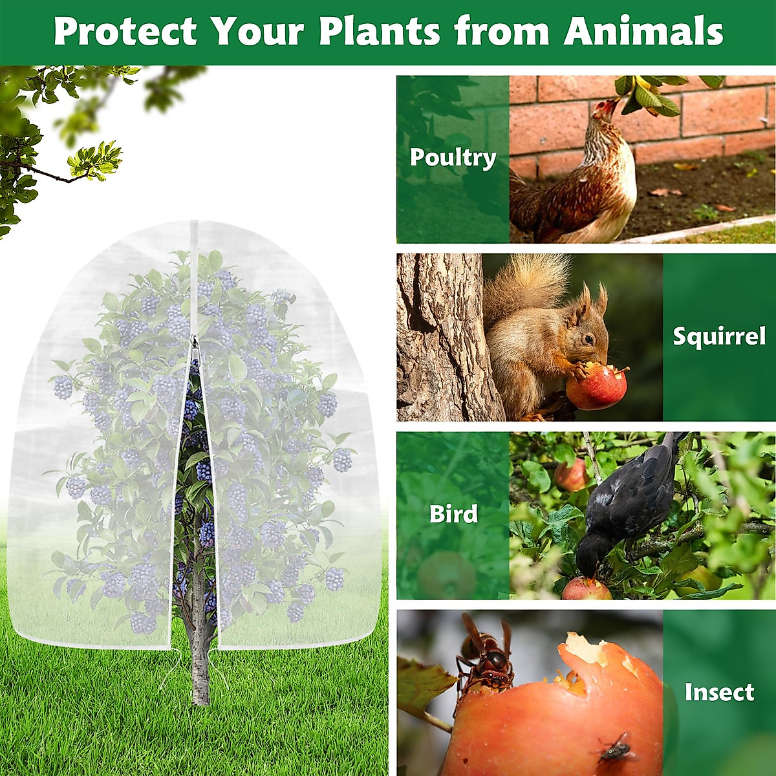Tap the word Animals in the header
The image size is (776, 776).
coord(643,31)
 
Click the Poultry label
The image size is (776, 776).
coord(453,157)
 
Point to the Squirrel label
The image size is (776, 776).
coord(719,336)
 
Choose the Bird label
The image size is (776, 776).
coord(453,514)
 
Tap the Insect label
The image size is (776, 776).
coord(719,692)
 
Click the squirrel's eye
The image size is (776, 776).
coord(589,339)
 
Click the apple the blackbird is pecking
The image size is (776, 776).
coord(586,588)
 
